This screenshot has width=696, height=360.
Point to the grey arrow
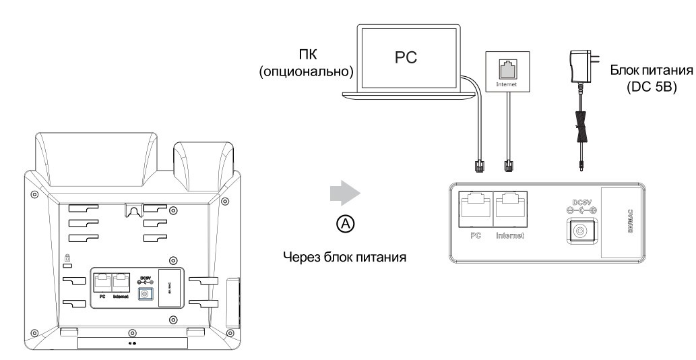tap(344, 193)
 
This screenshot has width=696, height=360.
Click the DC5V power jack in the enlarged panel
tap(579, 231)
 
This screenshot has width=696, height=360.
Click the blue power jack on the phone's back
tap(144, 293)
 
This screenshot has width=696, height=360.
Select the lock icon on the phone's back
tap(67, 258)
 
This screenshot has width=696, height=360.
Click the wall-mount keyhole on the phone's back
tap(132, 211)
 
